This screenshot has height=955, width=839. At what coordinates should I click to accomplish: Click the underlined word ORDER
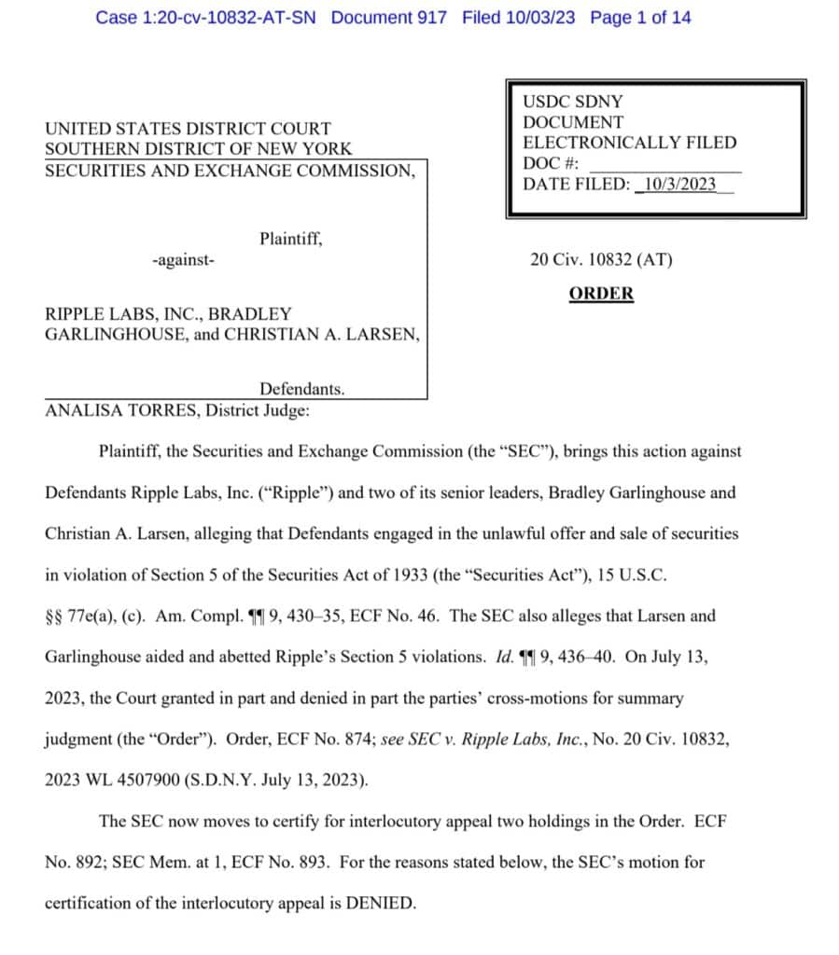click(601, 294)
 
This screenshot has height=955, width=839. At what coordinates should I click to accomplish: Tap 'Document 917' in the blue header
click(388, 18)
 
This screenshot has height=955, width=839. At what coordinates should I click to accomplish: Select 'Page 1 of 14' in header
click(640, 18)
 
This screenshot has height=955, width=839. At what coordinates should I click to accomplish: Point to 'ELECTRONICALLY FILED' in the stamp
click(629, 143)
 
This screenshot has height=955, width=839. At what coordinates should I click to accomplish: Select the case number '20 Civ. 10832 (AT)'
click(601, 260)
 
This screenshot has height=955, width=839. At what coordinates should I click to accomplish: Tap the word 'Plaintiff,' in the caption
click(291, 239)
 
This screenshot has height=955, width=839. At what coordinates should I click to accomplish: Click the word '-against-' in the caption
click(182, 260)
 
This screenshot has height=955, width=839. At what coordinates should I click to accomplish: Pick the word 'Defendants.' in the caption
click(301, 389)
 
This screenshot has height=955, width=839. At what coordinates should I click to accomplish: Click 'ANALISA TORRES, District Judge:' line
click(177, 409)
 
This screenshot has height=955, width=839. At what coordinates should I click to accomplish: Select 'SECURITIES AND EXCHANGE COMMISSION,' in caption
click(230, 170)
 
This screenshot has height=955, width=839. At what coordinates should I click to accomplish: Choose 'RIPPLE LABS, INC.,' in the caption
click(122, 314)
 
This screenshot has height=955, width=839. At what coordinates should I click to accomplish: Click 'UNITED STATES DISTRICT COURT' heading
click(188, 129)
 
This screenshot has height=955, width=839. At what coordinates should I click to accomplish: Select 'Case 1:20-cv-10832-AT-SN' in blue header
click(205, 18)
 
